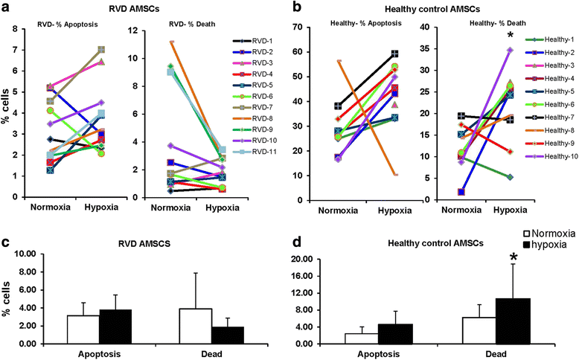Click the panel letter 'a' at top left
coord(7,7)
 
